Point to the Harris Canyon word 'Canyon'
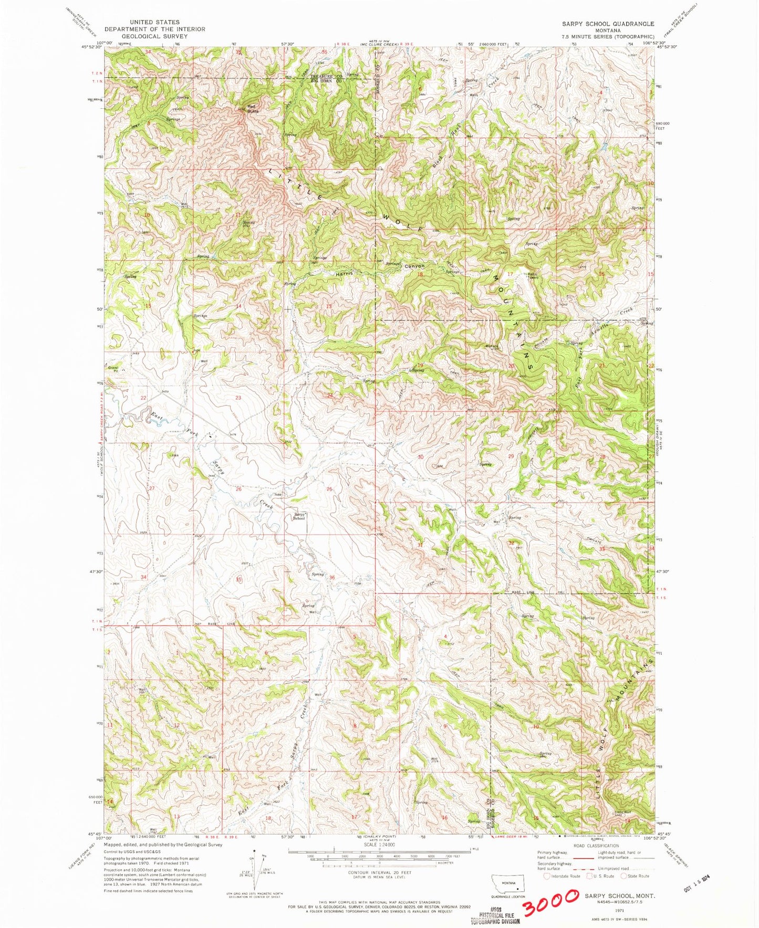(x=414, y=266)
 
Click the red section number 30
(x=420, y=457)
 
